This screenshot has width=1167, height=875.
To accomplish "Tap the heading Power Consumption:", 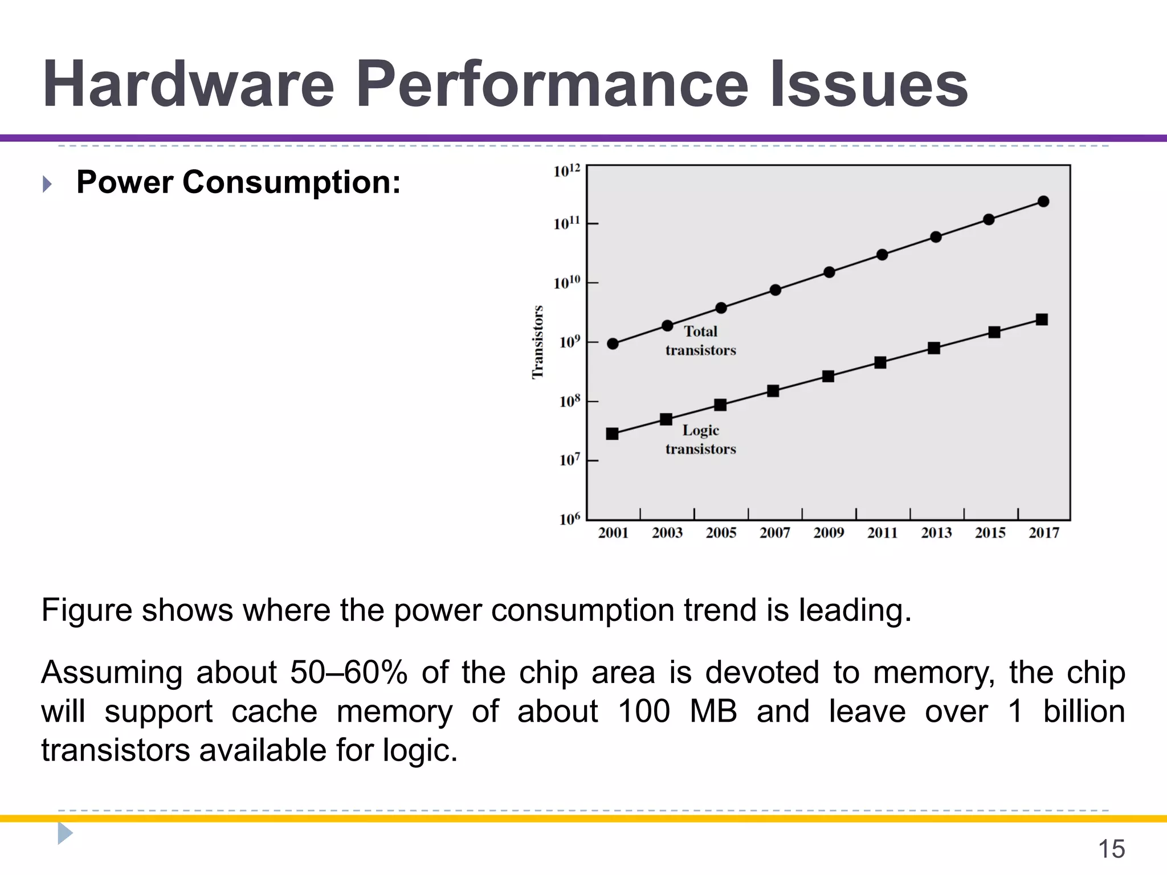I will (x=238, y=182).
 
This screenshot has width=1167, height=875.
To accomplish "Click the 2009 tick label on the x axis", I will (x=829, y=533).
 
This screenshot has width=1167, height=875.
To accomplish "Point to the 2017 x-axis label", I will (x=1044, y=533).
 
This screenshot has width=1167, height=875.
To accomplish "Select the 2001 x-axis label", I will (x=613, y=533).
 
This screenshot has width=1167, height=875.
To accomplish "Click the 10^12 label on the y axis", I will (x=566, y=171).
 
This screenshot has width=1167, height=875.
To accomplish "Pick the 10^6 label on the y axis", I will (x=569, y=519).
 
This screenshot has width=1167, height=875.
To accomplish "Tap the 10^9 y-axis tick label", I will (x=569, y=342).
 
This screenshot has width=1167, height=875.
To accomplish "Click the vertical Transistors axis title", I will (x=537, y=342).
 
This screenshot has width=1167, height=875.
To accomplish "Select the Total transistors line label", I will (x=700, y=341).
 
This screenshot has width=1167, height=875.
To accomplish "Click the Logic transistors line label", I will (x=700, y=439).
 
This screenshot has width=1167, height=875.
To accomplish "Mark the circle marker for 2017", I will (x=1043, y=201).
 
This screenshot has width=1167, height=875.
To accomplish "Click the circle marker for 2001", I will (x=613, y=344).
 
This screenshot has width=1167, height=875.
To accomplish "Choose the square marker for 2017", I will (x=1042, y=320).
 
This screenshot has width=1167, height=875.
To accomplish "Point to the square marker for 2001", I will (x=612, y=434).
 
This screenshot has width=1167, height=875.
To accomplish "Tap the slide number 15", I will (x=1111, y=849).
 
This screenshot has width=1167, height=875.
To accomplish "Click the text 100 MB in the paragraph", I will (x=678, y=712).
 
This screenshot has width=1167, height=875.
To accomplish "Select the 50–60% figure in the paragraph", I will (x=349, y=672).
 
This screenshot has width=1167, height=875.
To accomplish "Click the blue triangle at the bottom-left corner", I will (x=64, y=833).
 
